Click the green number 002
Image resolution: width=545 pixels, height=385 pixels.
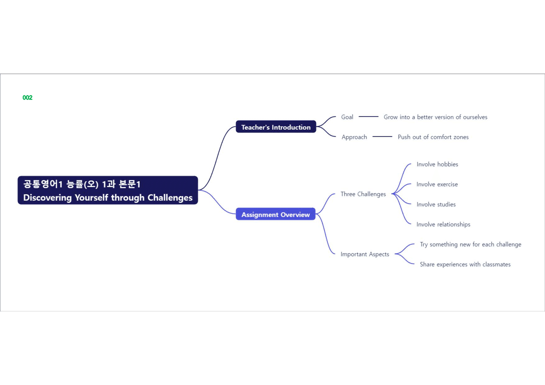(27, 97)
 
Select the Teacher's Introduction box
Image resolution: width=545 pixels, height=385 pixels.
(276, 127)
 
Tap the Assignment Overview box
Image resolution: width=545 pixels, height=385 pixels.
(276, 214)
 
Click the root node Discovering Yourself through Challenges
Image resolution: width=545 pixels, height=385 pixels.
(108, 190)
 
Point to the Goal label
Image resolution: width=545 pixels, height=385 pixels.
(347, 117)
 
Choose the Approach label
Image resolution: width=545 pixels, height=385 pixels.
(354, 137)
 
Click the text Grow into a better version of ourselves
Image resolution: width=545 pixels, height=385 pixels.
(435, 117)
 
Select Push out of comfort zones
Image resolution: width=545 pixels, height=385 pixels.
(433, 137)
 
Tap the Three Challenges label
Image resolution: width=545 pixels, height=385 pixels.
(363, 194)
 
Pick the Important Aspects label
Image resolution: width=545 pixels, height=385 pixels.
(365, 254)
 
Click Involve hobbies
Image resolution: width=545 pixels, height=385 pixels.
(437, 164)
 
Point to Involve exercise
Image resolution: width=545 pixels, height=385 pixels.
(437, 184)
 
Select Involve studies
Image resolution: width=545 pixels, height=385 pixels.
(436, 204)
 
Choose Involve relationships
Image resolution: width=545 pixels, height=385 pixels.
(443, 224)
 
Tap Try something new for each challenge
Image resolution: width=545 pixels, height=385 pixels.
(470, 244)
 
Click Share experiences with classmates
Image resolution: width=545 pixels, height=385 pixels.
(465, 264)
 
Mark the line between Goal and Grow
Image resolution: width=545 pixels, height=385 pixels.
(369, 116)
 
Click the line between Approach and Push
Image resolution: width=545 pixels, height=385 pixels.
(382, 136)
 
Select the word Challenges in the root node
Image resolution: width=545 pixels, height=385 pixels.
(170, 197)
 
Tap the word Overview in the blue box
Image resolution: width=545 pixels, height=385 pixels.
(295, 215)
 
